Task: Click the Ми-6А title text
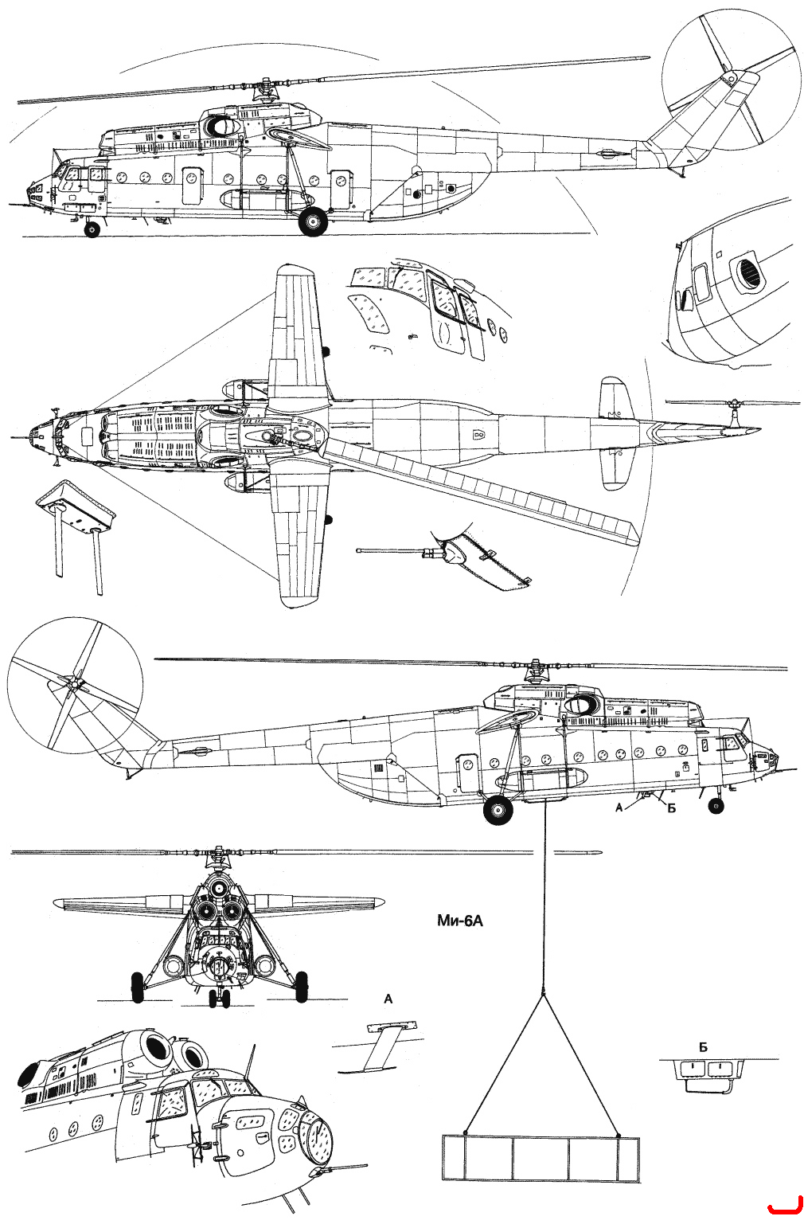[460, 921]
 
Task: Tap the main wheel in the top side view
[313, 221]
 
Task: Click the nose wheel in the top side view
[92, 229]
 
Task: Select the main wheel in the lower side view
[498, 809]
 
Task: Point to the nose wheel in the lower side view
[716, 805]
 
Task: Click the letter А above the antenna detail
[388, 999]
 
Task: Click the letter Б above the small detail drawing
[703, 1047]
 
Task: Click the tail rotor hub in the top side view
[729, 79]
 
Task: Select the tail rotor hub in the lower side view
[72, 683]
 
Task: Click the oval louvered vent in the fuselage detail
[748, 272]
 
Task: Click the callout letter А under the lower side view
[619, 808]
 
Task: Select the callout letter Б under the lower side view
[671, 808]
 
